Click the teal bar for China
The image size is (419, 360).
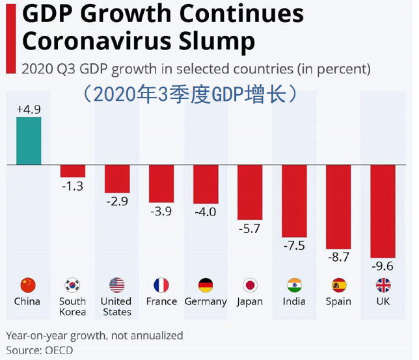[x=29, y=141]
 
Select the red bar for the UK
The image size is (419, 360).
[x=383, y=212]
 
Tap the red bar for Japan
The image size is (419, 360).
[x=250, y=192]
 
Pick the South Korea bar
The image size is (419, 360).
[x=73, y=171]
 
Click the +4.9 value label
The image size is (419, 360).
[x=29, y=109]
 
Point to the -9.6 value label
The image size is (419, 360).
[x=383, y=267]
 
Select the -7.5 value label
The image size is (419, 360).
[x=294, y=245]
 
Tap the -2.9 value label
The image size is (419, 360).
[x=117, y=201]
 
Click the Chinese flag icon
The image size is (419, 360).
[x=28, y=285]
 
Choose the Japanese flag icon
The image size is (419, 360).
[x=250, y=285]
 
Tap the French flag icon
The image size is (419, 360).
[x=161, y=285]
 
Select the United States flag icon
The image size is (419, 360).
[x=117, y=285]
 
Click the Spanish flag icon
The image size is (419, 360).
[x=338, y=285]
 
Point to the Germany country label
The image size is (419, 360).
[x=206, y=301]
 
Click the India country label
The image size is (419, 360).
[x=294, y=301]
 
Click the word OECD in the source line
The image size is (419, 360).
[x=59, y=350]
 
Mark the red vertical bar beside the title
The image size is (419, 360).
[x=8, y=36]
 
